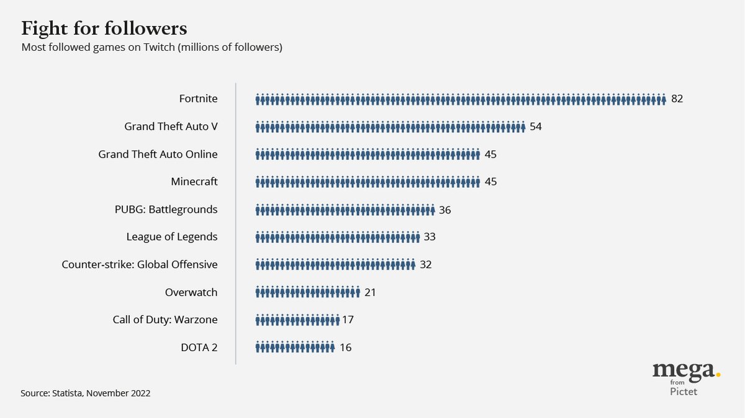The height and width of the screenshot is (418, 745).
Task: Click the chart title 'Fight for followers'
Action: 104,29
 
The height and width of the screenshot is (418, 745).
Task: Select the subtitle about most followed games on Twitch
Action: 151,47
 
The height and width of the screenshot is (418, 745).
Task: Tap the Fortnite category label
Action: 198,99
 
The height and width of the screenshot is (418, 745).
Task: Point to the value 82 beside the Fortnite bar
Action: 677,99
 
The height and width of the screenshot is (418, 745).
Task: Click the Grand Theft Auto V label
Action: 171,127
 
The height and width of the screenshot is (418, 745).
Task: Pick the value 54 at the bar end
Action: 536,127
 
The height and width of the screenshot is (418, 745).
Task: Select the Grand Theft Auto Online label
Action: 158,154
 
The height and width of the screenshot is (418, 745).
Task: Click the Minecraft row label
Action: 194,182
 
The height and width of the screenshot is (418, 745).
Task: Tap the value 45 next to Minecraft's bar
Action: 490,182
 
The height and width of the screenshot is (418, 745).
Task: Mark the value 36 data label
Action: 445,210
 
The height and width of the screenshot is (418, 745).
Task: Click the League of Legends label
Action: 171,237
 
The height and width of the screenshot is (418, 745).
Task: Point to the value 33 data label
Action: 430,237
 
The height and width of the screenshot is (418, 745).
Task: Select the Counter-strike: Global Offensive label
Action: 140,265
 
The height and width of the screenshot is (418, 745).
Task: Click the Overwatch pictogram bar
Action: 307,292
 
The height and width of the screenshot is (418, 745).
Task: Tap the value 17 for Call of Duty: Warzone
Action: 348,320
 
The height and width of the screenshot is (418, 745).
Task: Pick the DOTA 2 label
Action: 200,347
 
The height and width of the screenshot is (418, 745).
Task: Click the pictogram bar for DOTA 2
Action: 295,347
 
